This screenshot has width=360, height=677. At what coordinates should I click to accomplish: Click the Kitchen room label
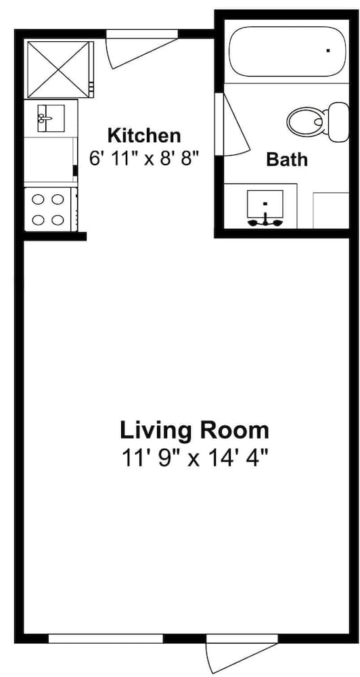(x=143, y=135)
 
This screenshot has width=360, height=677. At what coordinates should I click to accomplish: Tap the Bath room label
(x=287, y=159)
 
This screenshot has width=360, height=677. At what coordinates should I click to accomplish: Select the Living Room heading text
(x=194, y=431)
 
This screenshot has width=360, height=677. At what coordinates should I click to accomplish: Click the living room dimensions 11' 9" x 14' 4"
(x=194, y=457)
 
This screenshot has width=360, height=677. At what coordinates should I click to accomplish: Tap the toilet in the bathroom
(x=317, y=122)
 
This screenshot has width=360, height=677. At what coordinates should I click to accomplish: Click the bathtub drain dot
(x=328, y=51)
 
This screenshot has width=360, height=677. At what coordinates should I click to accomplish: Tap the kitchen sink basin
(x=51, y=118)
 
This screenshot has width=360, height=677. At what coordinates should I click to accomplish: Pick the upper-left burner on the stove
(x=39, y=200)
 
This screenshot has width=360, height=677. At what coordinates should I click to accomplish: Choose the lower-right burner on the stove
(x=58, y=220)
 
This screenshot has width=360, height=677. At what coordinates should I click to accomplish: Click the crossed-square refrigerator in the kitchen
(x=60, y=70)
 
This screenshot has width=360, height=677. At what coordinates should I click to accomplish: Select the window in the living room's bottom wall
(x=106, y=638)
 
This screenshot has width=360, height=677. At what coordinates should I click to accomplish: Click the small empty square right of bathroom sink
(x=331, y=211)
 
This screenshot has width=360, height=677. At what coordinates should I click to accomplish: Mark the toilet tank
(x=339, y=122)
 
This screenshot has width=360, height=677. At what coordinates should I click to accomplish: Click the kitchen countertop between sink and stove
(x=49, y=160)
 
